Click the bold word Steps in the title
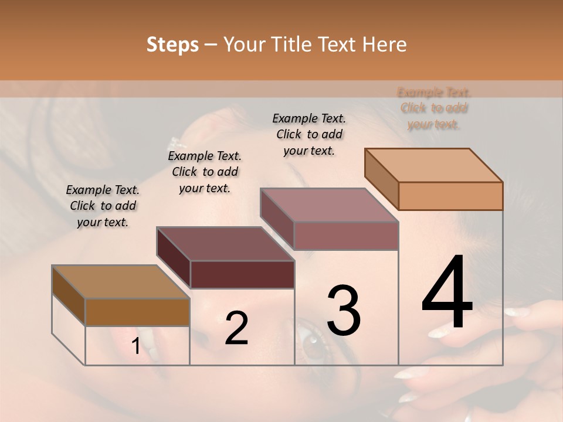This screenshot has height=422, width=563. [x=172, y=45]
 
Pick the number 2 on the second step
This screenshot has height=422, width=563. [x=236, y=328]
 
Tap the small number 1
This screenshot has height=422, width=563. [x=135, y=346]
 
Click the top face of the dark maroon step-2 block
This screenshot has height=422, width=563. [x=225, y=244]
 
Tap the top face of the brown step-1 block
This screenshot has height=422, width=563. [x=121, y=282]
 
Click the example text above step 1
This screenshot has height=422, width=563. [x=103, y=206]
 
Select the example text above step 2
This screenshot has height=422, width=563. [x=205, y=172]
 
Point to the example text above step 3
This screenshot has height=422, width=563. [x=309, y=134]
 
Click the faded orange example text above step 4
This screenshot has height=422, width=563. [x=434, y=108]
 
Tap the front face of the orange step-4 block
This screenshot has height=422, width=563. [x=450, y=196]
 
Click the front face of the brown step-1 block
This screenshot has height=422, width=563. [x=137, y=312]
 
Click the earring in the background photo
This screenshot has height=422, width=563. [x=176, y=142]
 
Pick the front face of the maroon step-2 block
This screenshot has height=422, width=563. [x=242, y=274]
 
